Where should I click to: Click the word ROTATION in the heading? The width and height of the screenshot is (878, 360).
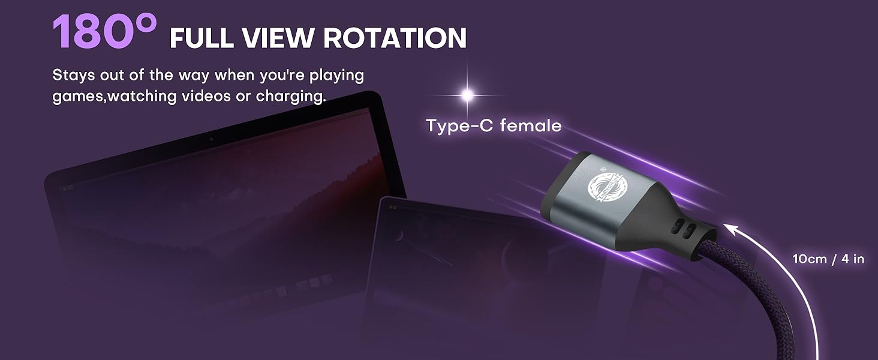pyautogui.click(x=395, y=38)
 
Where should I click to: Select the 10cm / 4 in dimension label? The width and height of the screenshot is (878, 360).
pyautogui.click(x=828, y=259)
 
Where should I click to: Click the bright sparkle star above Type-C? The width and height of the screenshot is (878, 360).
pyautogui.click(x=467, y=94)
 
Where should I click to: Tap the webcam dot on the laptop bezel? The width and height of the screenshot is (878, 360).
pyautogui.click(x=211, y=139)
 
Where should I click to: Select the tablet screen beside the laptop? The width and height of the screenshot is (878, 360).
pyautogui.click(x=480, y=264)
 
